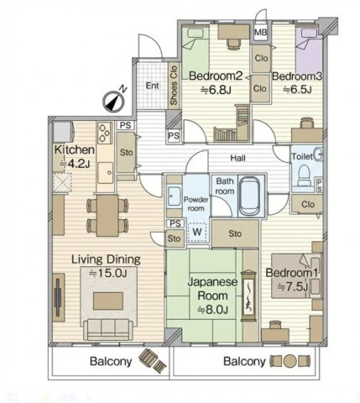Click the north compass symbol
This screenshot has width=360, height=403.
point(113,102)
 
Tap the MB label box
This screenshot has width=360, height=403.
point(260,33)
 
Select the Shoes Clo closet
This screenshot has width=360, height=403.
point(174,86)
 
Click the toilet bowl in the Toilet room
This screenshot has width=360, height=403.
point(304,175)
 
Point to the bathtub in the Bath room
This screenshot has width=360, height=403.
point(249,196)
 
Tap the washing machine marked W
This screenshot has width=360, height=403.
point(197,232)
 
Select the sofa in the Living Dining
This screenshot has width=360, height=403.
point(108,329)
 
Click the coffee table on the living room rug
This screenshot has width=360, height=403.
point(108,301)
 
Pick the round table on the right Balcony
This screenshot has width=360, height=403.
point(290,361)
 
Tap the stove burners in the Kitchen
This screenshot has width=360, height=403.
point(104,133)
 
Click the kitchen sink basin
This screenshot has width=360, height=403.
point(106,173)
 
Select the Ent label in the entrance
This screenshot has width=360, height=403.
point(152,86)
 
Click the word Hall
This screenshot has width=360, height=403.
point(237,158)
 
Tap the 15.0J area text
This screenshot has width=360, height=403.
point(108,273)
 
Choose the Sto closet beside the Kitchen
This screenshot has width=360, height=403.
point(126,153)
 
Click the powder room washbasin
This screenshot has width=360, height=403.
point(175,196)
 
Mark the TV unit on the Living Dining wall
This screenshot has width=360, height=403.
point(59,297)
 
